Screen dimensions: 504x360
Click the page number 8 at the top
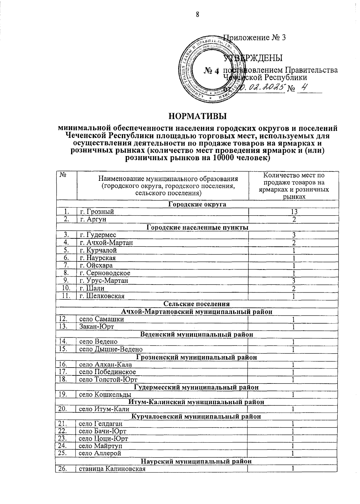(198, 14)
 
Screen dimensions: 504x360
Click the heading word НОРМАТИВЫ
(197, 116)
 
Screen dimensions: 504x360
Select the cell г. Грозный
(97, 212)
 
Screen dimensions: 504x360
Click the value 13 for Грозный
(294, 212)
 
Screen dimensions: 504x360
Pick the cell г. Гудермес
(98, 235)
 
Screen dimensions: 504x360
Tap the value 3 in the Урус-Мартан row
(294, 281)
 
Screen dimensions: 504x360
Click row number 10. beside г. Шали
(66, 288)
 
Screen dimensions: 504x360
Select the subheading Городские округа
(197, 204)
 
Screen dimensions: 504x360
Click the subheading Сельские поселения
(197, 304)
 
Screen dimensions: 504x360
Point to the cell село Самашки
(101, 319)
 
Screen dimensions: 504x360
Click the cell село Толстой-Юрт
(108, 380)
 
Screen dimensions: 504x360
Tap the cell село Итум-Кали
(104, 409)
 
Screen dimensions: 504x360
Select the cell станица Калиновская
(112, 469)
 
